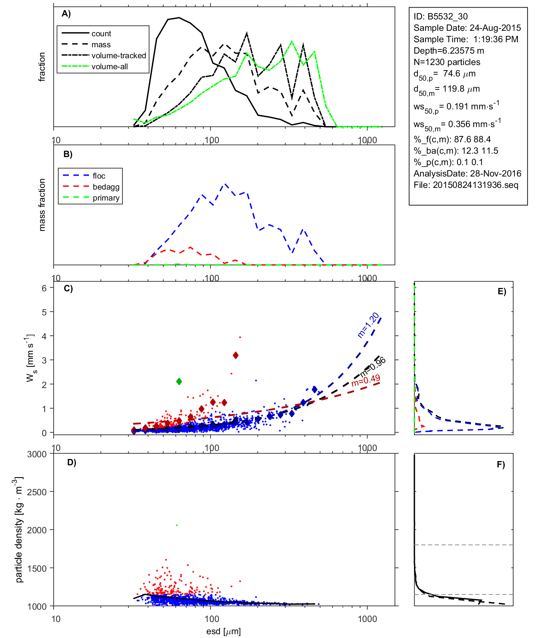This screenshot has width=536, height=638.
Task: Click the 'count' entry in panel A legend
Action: click(x=101, y=34)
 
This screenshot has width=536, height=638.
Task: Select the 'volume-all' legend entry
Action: click(x=109, y=67)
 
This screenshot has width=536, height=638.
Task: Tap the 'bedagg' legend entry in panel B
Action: click(x=106, y=187)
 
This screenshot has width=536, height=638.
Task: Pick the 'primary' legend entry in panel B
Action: click(x=106, y=198)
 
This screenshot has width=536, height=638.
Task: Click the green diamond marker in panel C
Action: click(x=179, y=381)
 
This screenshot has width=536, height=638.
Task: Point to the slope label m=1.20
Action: click(x=368, y=325)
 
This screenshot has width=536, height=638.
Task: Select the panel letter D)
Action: click(x=72, y=462)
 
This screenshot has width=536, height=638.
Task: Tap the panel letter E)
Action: click(x=501, y=291)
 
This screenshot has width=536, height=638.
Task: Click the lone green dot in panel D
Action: click(x=177, y=525)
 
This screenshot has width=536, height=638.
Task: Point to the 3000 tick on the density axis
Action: click(x=37, y=454)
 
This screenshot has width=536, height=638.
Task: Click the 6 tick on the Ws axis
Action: click(x=44, y=288)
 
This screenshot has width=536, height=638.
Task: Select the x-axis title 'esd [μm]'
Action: click(x=223, y=631)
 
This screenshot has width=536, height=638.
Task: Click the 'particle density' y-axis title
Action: click(x=19, y=530)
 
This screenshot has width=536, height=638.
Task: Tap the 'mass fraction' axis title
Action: click(x=42, y=205)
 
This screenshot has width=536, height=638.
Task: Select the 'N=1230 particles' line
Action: click(x=447, y=62)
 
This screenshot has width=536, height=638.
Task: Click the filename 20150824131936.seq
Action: click(x=475, y=185)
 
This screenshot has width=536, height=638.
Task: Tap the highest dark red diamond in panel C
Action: click(x=236, y=355)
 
